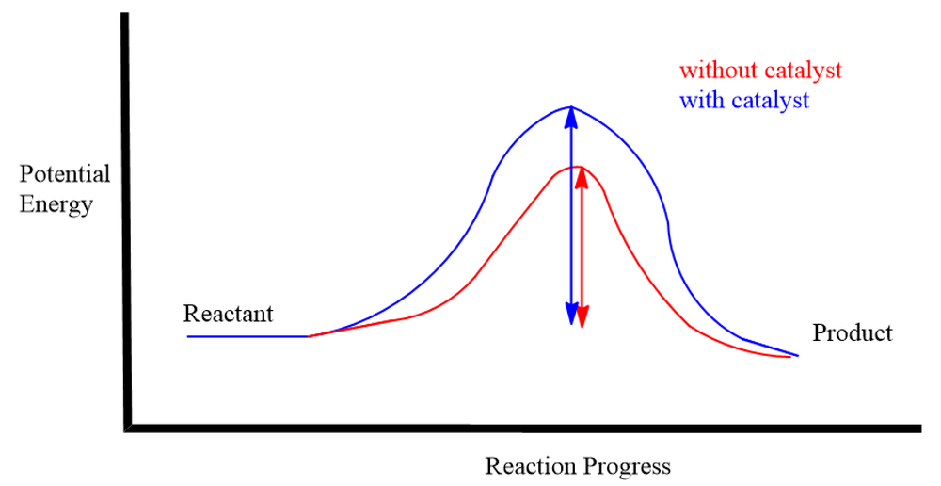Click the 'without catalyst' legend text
point(760,71)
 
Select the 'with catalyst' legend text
point(744,100)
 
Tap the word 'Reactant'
point(228,314)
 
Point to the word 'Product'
point(853,332)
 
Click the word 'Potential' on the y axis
point(65,174)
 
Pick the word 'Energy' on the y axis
point(56,204)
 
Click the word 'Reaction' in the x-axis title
point(522,466)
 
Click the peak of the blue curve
point(571,107)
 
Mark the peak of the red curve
point(578,167)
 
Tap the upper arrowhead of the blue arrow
point(571,118)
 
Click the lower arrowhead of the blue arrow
point(572,314)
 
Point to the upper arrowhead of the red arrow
point(581,178)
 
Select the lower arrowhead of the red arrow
point(582,316)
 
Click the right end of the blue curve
point(798,356)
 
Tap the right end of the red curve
point(789,358)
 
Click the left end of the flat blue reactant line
point(188,336)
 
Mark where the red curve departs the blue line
point(309,336)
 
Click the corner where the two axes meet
point(128,429)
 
